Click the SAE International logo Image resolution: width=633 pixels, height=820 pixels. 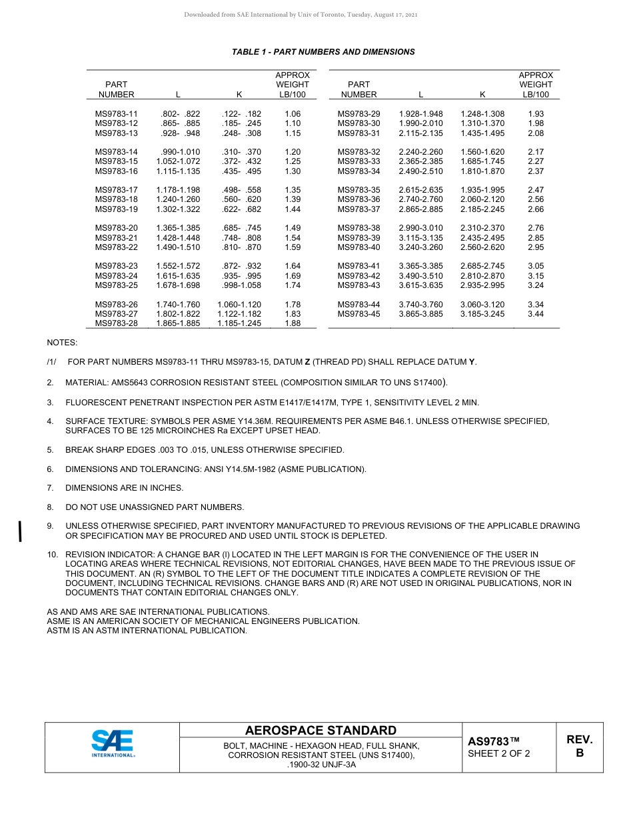[113, 744]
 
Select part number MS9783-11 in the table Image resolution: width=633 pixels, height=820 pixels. [116, 114]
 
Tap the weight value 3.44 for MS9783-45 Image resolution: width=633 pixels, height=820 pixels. [536, 314]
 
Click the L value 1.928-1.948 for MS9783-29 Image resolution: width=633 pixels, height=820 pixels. [420, 114]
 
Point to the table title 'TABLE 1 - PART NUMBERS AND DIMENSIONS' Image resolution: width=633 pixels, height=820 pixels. [323, 52]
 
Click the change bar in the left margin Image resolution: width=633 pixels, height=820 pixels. [21, 531]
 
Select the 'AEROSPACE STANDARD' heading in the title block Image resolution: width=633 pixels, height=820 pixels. [320, 731]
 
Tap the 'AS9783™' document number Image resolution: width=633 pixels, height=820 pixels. [493, 741]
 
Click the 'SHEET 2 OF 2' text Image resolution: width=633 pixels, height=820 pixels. [499, 754]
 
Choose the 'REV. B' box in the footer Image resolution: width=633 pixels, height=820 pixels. [579, 746]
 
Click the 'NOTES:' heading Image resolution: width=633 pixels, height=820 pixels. [62, 343]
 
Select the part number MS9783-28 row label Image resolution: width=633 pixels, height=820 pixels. [116, 323]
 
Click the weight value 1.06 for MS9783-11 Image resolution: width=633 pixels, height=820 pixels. [293, 114]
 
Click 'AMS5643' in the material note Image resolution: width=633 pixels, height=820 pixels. [136, 383]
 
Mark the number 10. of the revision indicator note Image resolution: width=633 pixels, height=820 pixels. [52, 555]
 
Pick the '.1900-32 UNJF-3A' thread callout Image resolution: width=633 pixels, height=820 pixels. [320, 765]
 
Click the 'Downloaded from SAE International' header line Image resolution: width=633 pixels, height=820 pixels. [301, 15]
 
